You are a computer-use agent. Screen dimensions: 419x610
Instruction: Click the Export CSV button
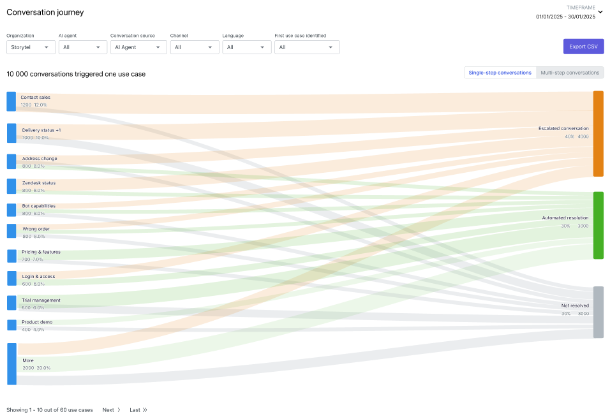click(583, 47)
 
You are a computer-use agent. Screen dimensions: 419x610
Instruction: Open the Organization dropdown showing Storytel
click(31, 47)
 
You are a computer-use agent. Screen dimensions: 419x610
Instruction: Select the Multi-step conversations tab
click(570, 73)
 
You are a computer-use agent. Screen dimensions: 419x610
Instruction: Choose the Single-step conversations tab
click(500, 73)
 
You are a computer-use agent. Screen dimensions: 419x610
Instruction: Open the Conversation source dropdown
click(138, 47)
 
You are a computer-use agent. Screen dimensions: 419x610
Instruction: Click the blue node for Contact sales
click(11, 101)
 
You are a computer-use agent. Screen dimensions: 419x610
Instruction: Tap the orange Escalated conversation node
click(598, 133)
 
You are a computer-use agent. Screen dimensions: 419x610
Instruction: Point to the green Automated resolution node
click(598, 225)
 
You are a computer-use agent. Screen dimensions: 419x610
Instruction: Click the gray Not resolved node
click(598, 312)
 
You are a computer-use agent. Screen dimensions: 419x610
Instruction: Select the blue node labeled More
click(11, 364)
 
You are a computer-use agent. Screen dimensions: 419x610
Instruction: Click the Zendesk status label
click(39, 183)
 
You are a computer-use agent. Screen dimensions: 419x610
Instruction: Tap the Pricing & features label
click(41, 252)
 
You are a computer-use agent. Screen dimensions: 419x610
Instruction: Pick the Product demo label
click(37, 322)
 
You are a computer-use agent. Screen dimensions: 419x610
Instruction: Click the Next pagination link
click(111, 410)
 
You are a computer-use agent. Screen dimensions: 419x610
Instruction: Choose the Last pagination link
click(138, 410)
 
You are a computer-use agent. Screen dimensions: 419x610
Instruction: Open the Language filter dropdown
click(246, 47)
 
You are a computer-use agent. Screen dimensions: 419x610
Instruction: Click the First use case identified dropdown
click(306, 47)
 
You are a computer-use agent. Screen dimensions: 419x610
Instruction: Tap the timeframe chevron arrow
click(600, 11)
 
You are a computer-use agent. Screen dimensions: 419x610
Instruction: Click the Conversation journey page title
click(45, 12)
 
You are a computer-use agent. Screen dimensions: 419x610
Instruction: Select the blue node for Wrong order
click(11, 231)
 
